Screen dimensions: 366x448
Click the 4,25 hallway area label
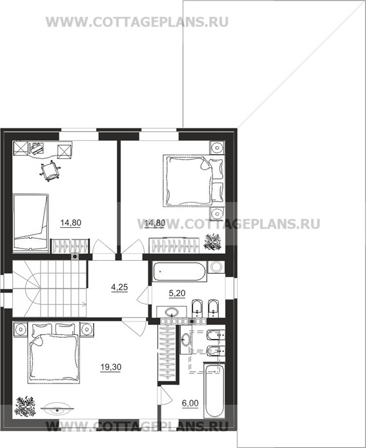tap(119, 287)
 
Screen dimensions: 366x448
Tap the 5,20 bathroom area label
tap(177, 293)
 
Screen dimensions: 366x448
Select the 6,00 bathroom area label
tap(190, 403)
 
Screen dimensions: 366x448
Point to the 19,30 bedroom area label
tap(111, 367)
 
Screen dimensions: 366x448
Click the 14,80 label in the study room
tap(71, 223)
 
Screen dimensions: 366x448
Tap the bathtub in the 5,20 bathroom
tap(179, 271)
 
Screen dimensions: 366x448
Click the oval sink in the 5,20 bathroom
tap(172, 312)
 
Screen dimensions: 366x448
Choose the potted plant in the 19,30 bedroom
tap(25, 406)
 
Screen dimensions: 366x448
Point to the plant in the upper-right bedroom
tap(212, 242)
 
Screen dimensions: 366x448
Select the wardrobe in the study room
tap(70, 246)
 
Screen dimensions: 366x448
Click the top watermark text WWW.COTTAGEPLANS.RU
tap(137, 22)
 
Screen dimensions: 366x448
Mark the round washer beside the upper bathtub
tap(216, 267)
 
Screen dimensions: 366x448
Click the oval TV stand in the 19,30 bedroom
tap(57, 410)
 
